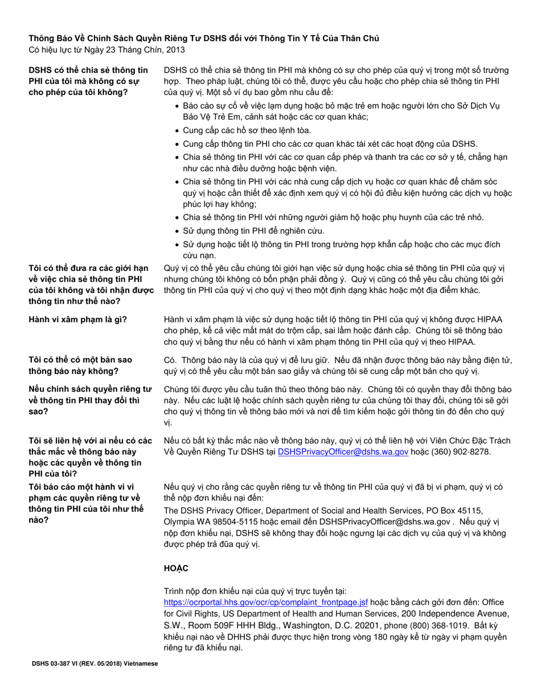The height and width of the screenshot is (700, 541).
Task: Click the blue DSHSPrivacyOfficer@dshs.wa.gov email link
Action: pos(343,452)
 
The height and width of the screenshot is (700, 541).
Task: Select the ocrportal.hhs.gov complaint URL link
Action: pos(266,602)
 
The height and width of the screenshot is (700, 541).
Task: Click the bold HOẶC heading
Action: pos(175,569)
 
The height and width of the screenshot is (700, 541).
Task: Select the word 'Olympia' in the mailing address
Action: pos(180,521)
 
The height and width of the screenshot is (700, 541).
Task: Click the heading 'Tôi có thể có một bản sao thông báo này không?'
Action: pos(80,365)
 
